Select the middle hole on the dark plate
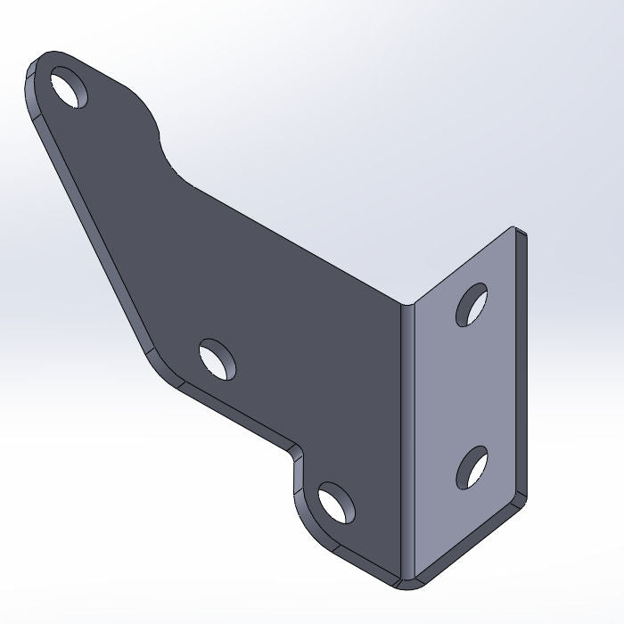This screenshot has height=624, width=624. point(218,357)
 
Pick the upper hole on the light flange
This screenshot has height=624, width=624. point(472,305)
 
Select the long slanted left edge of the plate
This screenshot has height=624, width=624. point(89,232)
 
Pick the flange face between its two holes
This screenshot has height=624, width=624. point(468,388)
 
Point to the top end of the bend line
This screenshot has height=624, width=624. point(403,308)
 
